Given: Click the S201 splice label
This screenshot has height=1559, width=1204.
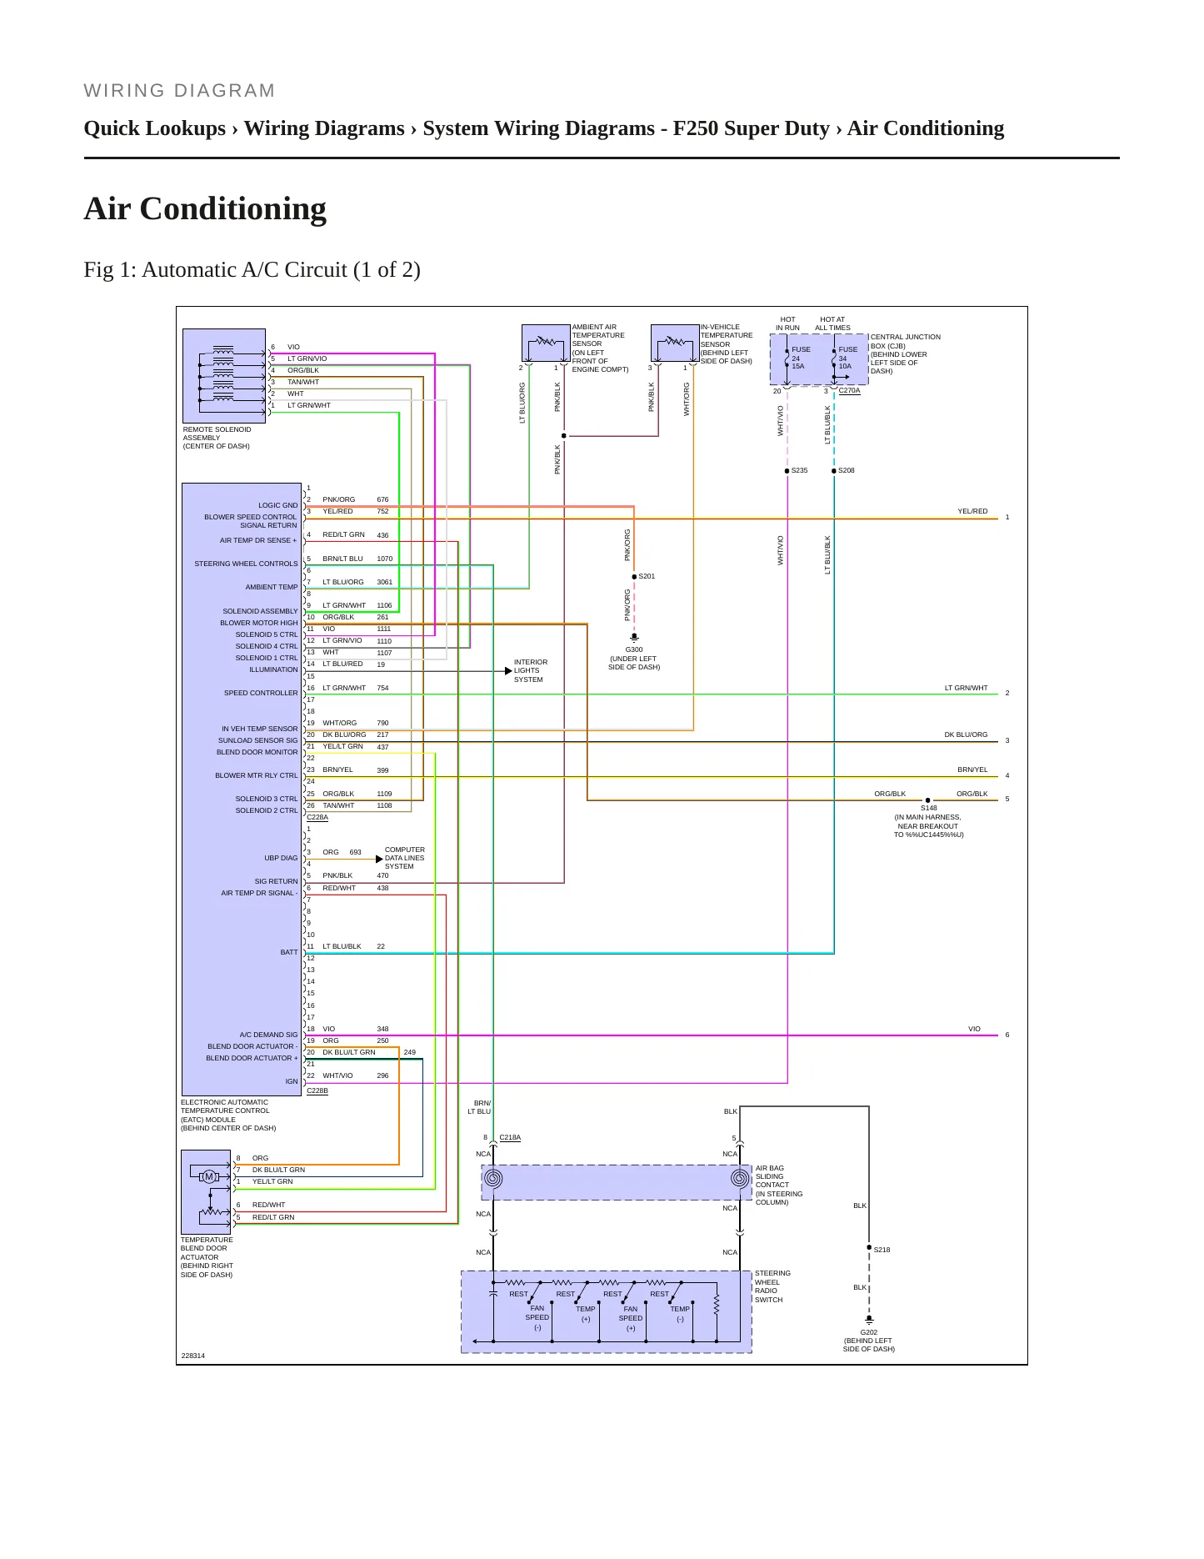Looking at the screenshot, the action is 647,576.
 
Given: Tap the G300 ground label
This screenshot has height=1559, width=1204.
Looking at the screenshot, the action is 634,649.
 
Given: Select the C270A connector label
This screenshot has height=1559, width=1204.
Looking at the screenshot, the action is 849,390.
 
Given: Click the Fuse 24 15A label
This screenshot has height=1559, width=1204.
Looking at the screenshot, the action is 800,358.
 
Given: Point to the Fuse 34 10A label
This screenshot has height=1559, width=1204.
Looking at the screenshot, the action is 847,358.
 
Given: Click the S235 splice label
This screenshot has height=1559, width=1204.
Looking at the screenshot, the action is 799,470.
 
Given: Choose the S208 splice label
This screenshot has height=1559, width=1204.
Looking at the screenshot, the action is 846,470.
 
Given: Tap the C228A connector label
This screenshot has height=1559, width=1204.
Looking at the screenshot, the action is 317,817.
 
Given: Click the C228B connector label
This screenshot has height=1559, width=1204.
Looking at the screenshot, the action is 317,1090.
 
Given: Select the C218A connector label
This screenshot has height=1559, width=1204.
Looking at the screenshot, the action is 510,1137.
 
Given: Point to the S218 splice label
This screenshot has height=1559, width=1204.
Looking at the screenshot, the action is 882,1250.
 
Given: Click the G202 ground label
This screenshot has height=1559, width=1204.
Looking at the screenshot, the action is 869,1332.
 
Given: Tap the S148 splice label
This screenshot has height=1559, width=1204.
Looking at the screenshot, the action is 929,808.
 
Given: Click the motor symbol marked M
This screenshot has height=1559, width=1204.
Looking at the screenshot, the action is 209,1176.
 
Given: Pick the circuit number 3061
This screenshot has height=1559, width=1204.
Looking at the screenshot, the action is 384,582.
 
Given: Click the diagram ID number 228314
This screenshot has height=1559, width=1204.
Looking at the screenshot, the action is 193,1356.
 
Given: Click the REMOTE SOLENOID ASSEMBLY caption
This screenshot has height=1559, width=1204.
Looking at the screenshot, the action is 217,438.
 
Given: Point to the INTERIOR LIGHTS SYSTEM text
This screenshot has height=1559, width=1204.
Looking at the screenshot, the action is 531,671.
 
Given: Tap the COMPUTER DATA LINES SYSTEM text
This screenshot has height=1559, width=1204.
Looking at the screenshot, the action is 405,858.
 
